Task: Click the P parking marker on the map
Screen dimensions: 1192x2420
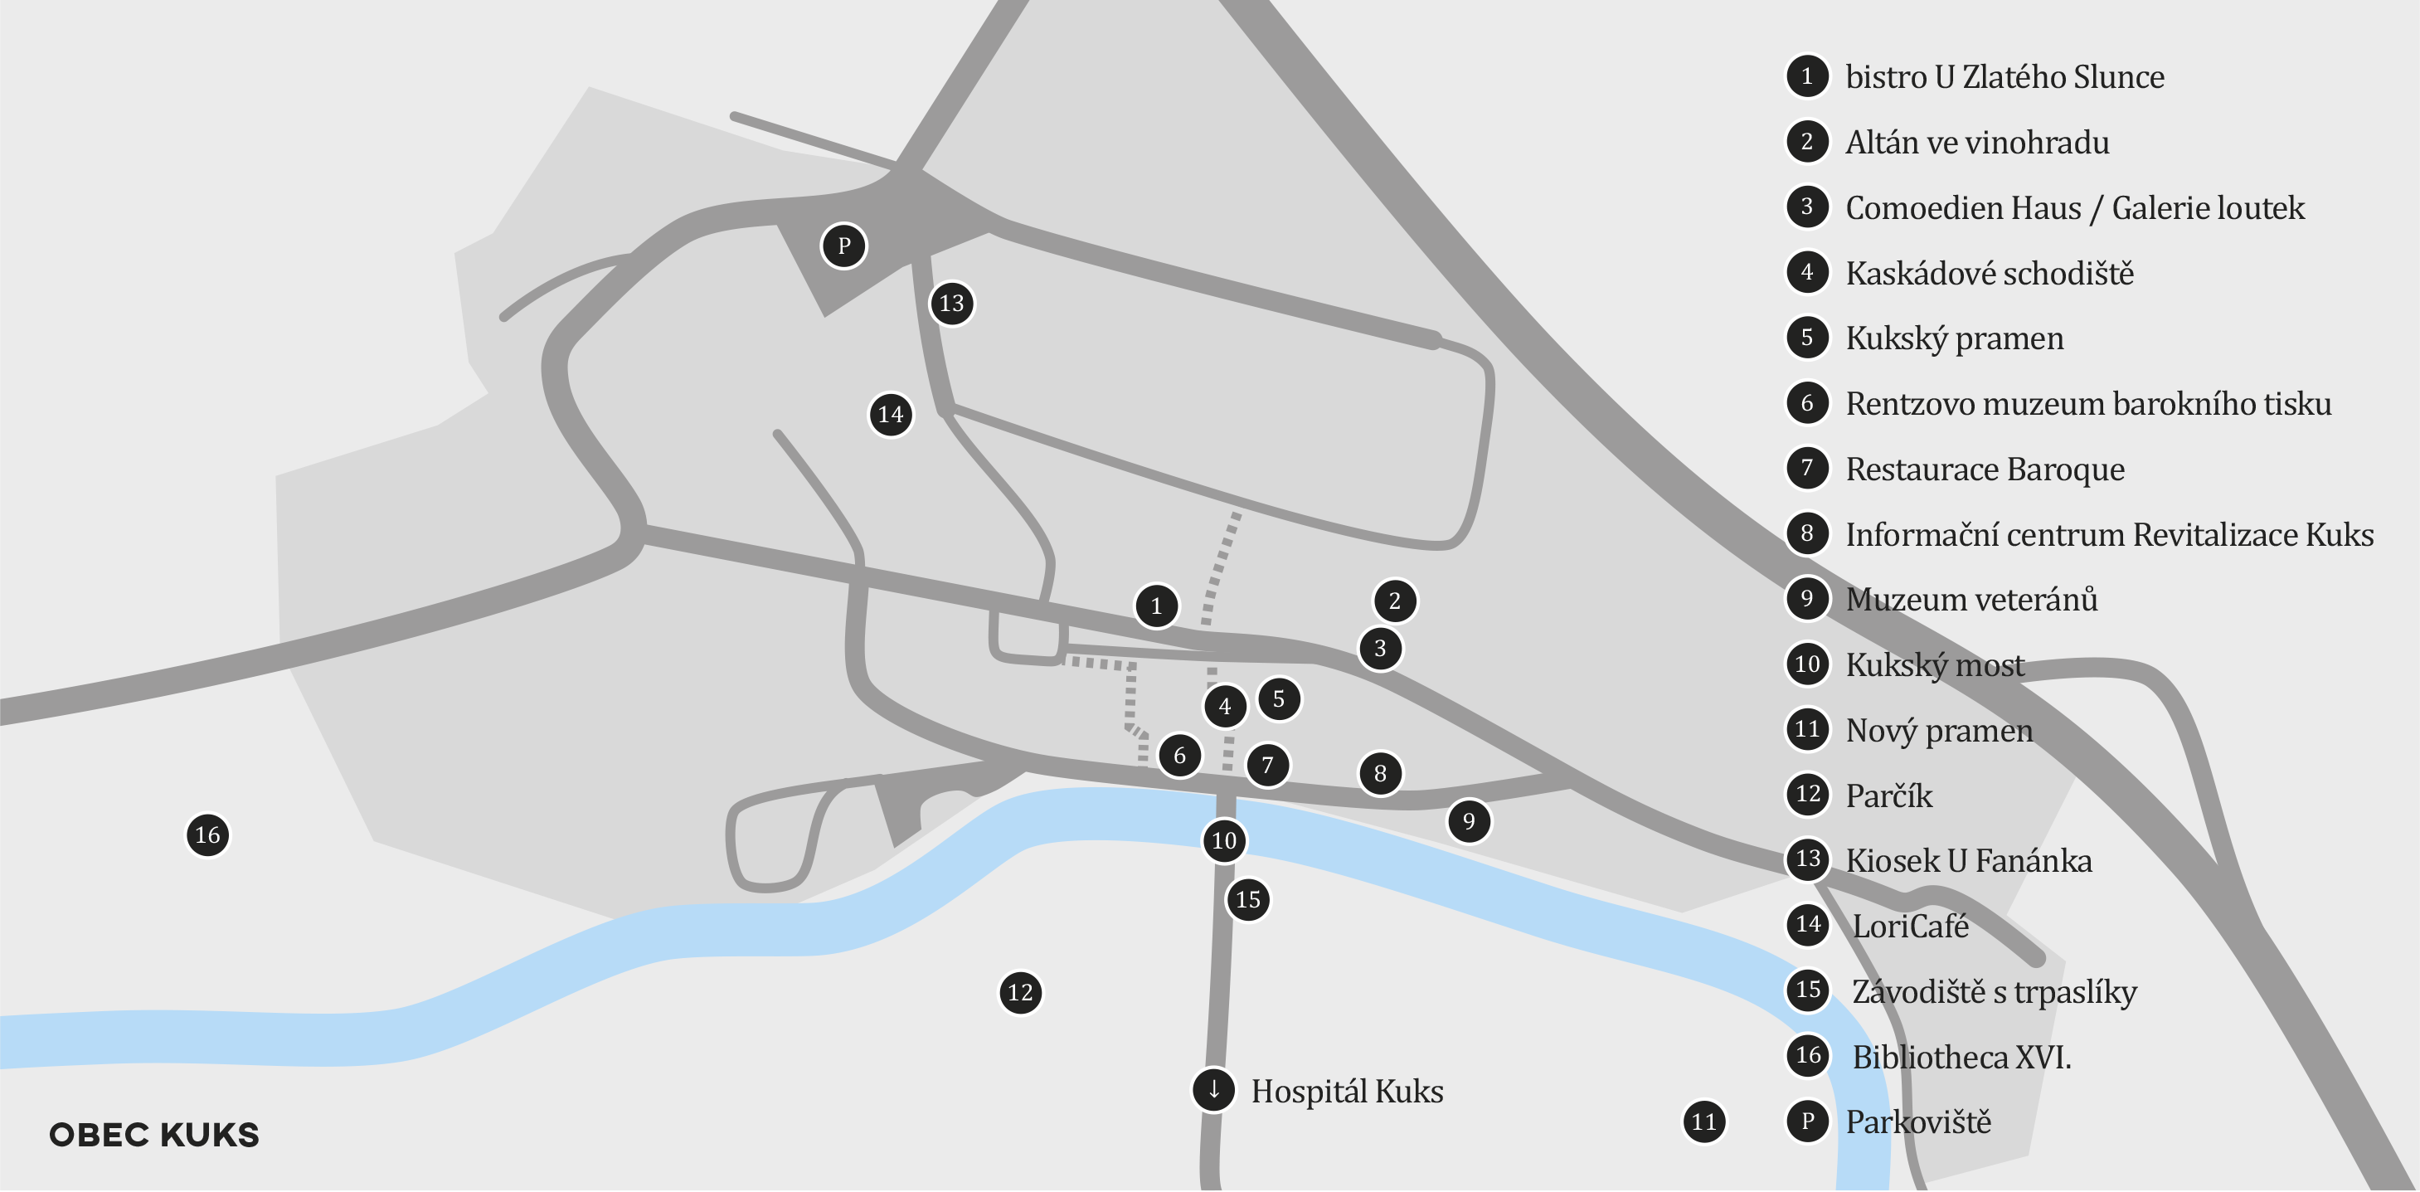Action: pos(843,246)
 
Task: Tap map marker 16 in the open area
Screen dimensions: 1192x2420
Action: pos(207,835)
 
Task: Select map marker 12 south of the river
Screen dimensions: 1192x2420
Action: pos(1020,992)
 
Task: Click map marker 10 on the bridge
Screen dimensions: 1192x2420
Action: pos(1224,840)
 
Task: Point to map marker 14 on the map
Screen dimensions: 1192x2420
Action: pos(891,414)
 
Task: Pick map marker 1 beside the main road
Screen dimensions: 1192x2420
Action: pos(1156,606)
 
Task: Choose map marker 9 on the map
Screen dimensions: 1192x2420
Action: pos(1469,822)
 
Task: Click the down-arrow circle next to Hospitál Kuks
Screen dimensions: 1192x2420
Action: pos(1214,1090)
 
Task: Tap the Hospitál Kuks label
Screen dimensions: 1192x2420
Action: pos(1347,1092)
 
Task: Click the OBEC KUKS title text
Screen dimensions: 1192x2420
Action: pos(154,1135)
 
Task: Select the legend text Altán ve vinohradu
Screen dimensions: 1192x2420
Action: pos(1976,143)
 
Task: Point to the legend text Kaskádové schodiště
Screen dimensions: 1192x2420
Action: pos(1989,274)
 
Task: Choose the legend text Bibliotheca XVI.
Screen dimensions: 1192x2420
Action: pos(1961,1058)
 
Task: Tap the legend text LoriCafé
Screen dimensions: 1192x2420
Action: pos(1910,927)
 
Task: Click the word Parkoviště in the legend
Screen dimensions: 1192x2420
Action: pos(1917,1122)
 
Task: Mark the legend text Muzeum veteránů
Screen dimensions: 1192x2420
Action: pos(1971,599)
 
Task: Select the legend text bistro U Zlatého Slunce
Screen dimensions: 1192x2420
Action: pos(2004,77)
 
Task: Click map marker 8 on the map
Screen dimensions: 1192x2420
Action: pos(1380,773)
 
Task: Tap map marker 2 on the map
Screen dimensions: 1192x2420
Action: pos(1394,601)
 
